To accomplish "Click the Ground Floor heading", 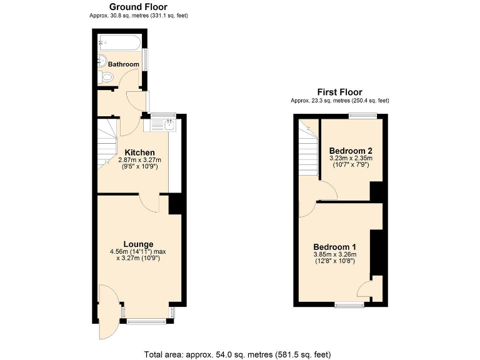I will point(138,7).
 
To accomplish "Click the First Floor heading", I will point(339,92).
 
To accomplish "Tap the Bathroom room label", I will point(123,64).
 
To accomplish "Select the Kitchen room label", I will point(139,152).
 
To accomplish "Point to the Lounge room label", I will point(138,244).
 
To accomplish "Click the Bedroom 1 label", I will point(334,246).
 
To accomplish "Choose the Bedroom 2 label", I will point(351,151).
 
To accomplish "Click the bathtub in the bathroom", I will point(121,43).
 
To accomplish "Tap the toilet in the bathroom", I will point(106,77).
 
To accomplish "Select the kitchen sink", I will point(168,124).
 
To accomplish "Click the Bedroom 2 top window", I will point(362,114).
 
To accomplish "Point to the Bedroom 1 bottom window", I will point(349,304).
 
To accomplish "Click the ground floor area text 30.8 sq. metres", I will point(138,15).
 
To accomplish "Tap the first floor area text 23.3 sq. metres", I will point(339,100).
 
